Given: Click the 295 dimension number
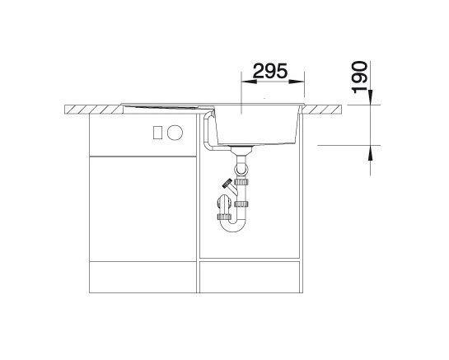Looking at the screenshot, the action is tap(270, 71).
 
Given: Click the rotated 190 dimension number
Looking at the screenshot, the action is tap(360, 77).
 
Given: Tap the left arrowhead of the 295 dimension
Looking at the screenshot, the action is tap(249, 82).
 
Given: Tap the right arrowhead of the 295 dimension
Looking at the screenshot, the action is tap(297, 82).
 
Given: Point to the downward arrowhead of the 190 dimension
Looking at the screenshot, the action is tap(371, 97).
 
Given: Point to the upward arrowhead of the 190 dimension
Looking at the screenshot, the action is tap(371, 152).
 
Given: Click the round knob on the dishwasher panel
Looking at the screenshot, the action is tap(175, 133).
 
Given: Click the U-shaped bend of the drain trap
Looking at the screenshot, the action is tap(232, 226).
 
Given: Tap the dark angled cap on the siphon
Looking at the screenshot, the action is tap(227, 183).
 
